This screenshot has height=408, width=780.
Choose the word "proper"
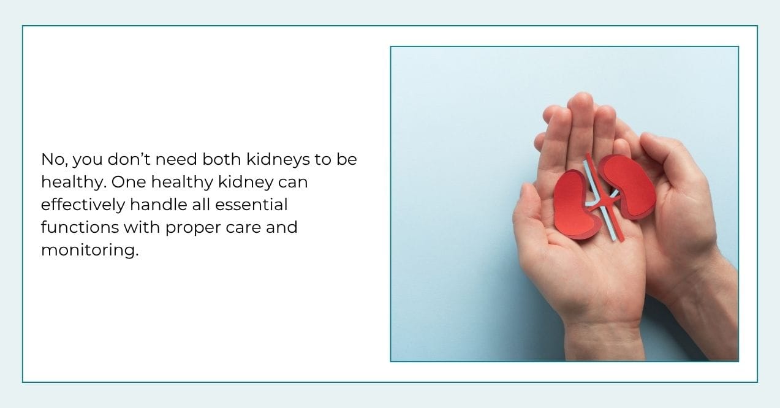[186, 227]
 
